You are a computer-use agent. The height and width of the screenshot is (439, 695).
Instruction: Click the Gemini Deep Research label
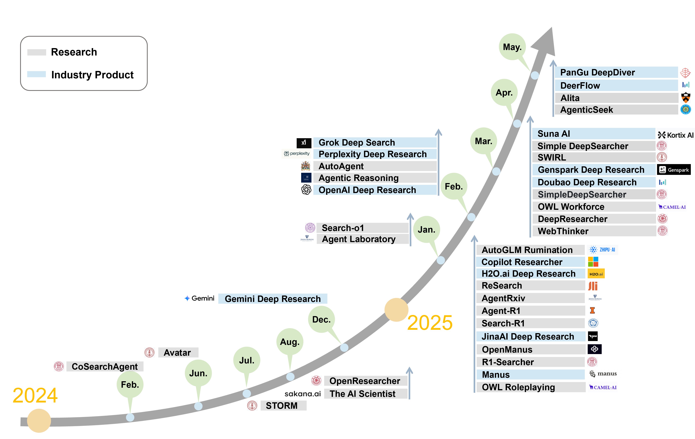(273, 299)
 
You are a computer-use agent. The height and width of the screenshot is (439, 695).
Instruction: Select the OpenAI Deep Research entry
(375, 190)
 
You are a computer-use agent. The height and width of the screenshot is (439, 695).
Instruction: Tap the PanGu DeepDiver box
(616, 72)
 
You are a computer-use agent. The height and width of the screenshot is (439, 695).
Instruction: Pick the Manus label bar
(530, 375)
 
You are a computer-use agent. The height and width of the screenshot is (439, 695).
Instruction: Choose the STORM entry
(283, 406)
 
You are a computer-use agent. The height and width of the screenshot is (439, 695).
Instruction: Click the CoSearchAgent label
(104, 367)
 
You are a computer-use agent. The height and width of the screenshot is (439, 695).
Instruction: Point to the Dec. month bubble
(321, 319)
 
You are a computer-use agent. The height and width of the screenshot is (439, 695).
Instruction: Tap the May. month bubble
(512, 47)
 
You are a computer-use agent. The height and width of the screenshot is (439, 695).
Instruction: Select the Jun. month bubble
(198, 373)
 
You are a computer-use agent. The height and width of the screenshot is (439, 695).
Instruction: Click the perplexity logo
(296, 154)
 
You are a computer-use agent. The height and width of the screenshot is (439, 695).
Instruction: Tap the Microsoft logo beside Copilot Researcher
(593, 262)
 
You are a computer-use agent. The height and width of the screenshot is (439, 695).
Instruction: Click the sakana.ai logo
(302, 394)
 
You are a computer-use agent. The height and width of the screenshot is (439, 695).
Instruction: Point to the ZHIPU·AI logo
(602, 250)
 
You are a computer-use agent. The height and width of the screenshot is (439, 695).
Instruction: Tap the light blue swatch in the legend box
(36, 74)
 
